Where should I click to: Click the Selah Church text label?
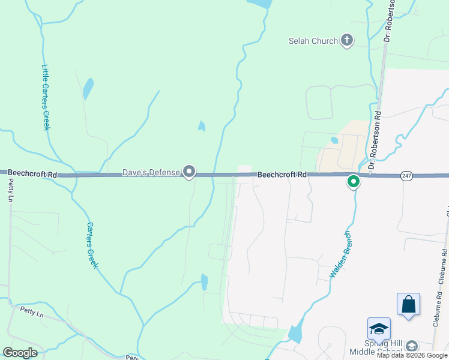pyautogui.click(x=313, y=41)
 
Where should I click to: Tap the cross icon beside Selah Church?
pyautogui.click(x=346, y=41)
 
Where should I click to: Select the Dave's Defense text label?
pyautogui.click(x=151, y=173)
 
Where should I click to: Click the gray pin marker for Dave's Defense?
pyautogui.click(x=189, y=172)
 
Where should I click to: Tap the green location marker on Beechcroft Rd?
pyautogui.click(x=354, y=181)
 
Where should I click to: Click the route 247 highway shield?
pyautogui.click(x=408, y=175)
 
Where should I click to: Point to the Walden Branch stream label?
pyautogui.click(x=339, y=254)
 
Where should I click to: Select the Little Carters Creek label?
pyautogui.click(x=46, y=97)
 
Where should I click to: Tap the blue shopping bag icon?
pyautogui.click(x=408, y=304)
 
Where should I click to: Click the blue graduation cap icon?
pyautogui.click(x=379, y=329)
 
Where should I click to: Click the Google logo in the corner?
pyautogui.click(x=20, y=353)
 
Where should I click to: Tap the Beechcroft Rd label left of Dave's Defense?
pyautogui.click(x=32, y=173)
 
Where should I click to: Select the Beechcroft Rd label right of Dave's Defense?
pyautogui.click(x=282, y=175)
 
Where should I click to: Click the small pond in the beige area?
pyautogui.click(x=334, y=140)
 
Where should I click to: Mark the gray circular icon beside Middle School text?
pyautogui.click(x=412, y=346)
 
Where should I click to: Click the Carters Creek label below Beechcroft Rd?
pyautogui.click(x=92, y=245)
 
